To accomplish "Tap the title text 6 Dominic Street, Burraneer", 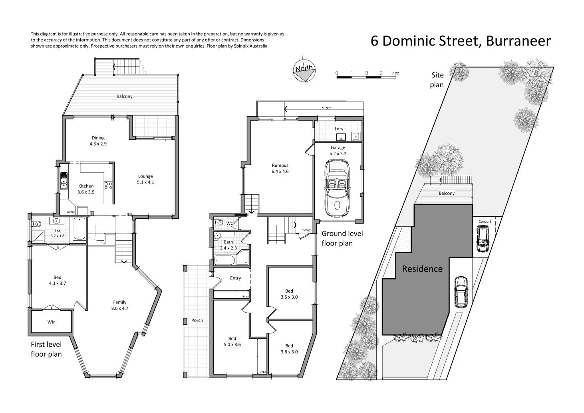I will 461,41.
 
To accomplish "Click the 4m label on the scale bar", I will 395,73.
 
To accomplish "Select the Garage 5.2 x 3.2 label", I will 338,150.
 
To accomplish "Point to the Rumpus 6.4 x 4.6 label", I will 280,168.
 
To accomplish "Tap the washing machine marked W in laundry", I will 356,136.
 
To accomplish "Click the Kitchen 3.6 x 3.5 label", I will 86,189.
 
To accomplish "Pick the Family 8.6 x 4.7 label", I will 120,305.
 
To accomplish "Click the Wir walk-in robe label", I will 51,322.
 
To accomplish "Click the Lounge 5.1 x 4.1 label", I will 145,179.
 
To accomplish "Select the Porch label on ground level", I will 197,320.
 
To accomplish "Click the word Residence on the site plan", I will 422,269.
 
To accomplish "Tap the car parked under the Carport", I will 483,239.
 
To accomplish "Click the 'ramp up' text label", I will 327,108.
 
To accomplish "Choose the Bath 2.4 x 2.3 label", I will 228,245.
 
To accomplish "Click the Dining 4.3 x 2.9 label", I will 98,141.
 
